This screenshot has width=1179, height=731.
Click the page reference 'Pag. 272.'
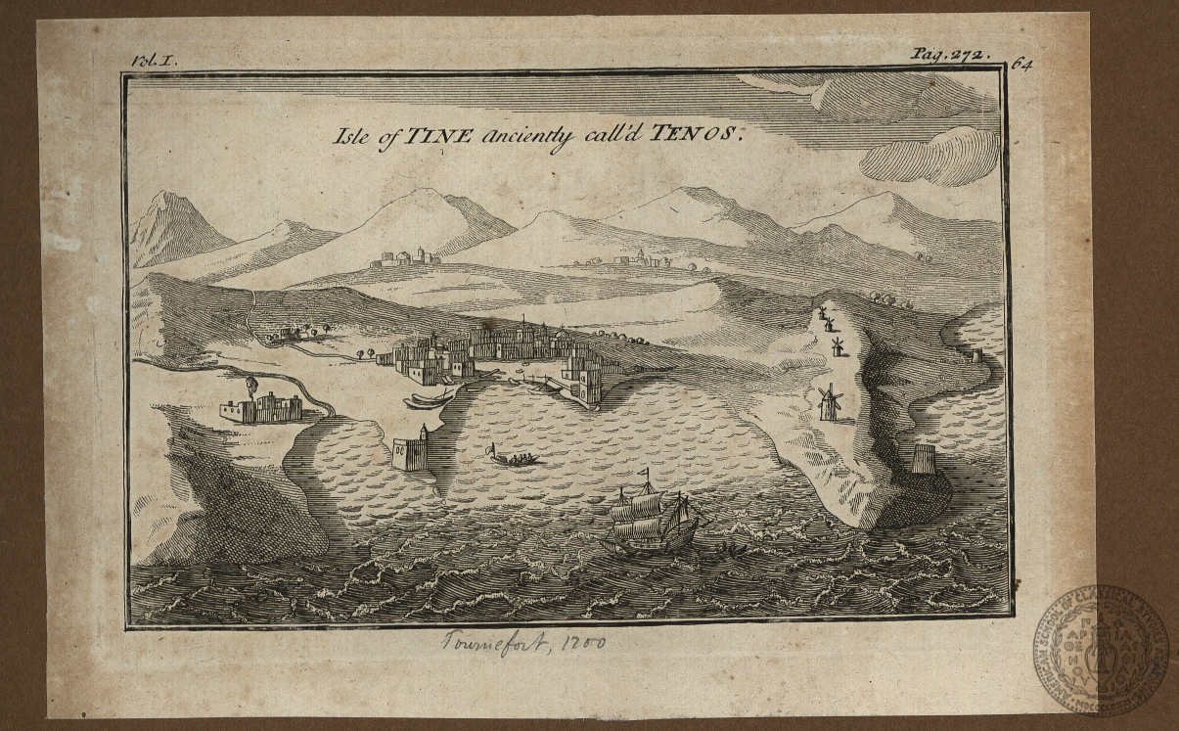(949, 55)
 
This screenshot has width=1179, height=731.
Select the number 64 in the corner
(1023, 64)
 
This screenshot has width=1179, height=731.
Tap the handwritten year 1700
(584, 643)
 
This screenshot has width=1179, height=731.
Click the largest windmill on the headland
(828, 401)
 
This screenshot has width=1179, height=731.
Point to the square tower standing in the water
(412, 452)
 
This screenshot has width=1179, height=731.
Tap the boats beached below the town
(428, 399)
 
